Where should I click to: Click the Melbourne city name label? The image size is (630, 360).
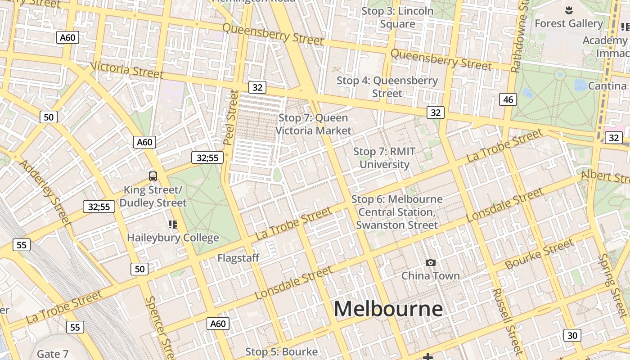(x=388, y=309)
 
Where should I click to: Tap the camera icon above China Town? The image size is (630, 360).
(x=431, y=262)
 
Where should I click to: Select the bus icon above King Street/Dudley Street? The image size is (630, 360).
(x=153, y=176)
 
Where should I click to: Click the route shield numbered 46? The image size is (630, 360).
(x=508, y=99)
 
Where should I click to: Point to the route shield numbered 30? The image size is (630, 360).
(x=572, y=335)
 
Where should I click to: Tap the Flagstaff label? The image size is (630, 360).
(x=238, y=258)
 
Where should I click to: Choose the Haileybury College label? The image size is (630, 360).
(x=173, y=237)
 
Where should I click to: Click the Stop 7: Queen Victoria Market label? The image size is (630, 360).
(x=313, y=124)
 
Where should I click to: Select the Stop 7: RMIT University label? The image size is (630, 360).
(x=384, y=158)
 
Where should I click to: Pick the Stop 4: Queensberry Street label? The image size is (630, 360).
(x=387, y=87)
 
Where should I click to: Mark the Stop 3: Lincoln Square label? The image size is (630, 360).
(x=397, y=17)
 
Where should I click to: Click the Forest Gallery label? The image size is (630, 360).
(x=569, y=23)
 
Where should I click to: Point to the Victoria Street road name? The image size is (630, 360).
(x=126, y=69)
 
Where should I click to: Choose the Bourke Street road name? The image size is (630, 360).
(x=539, y=254)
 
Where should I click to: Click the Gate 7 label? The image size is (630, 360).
(x=53, y=354)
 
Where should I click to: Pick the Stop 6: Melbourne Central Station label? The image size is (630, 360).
(x=397, y=212)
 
